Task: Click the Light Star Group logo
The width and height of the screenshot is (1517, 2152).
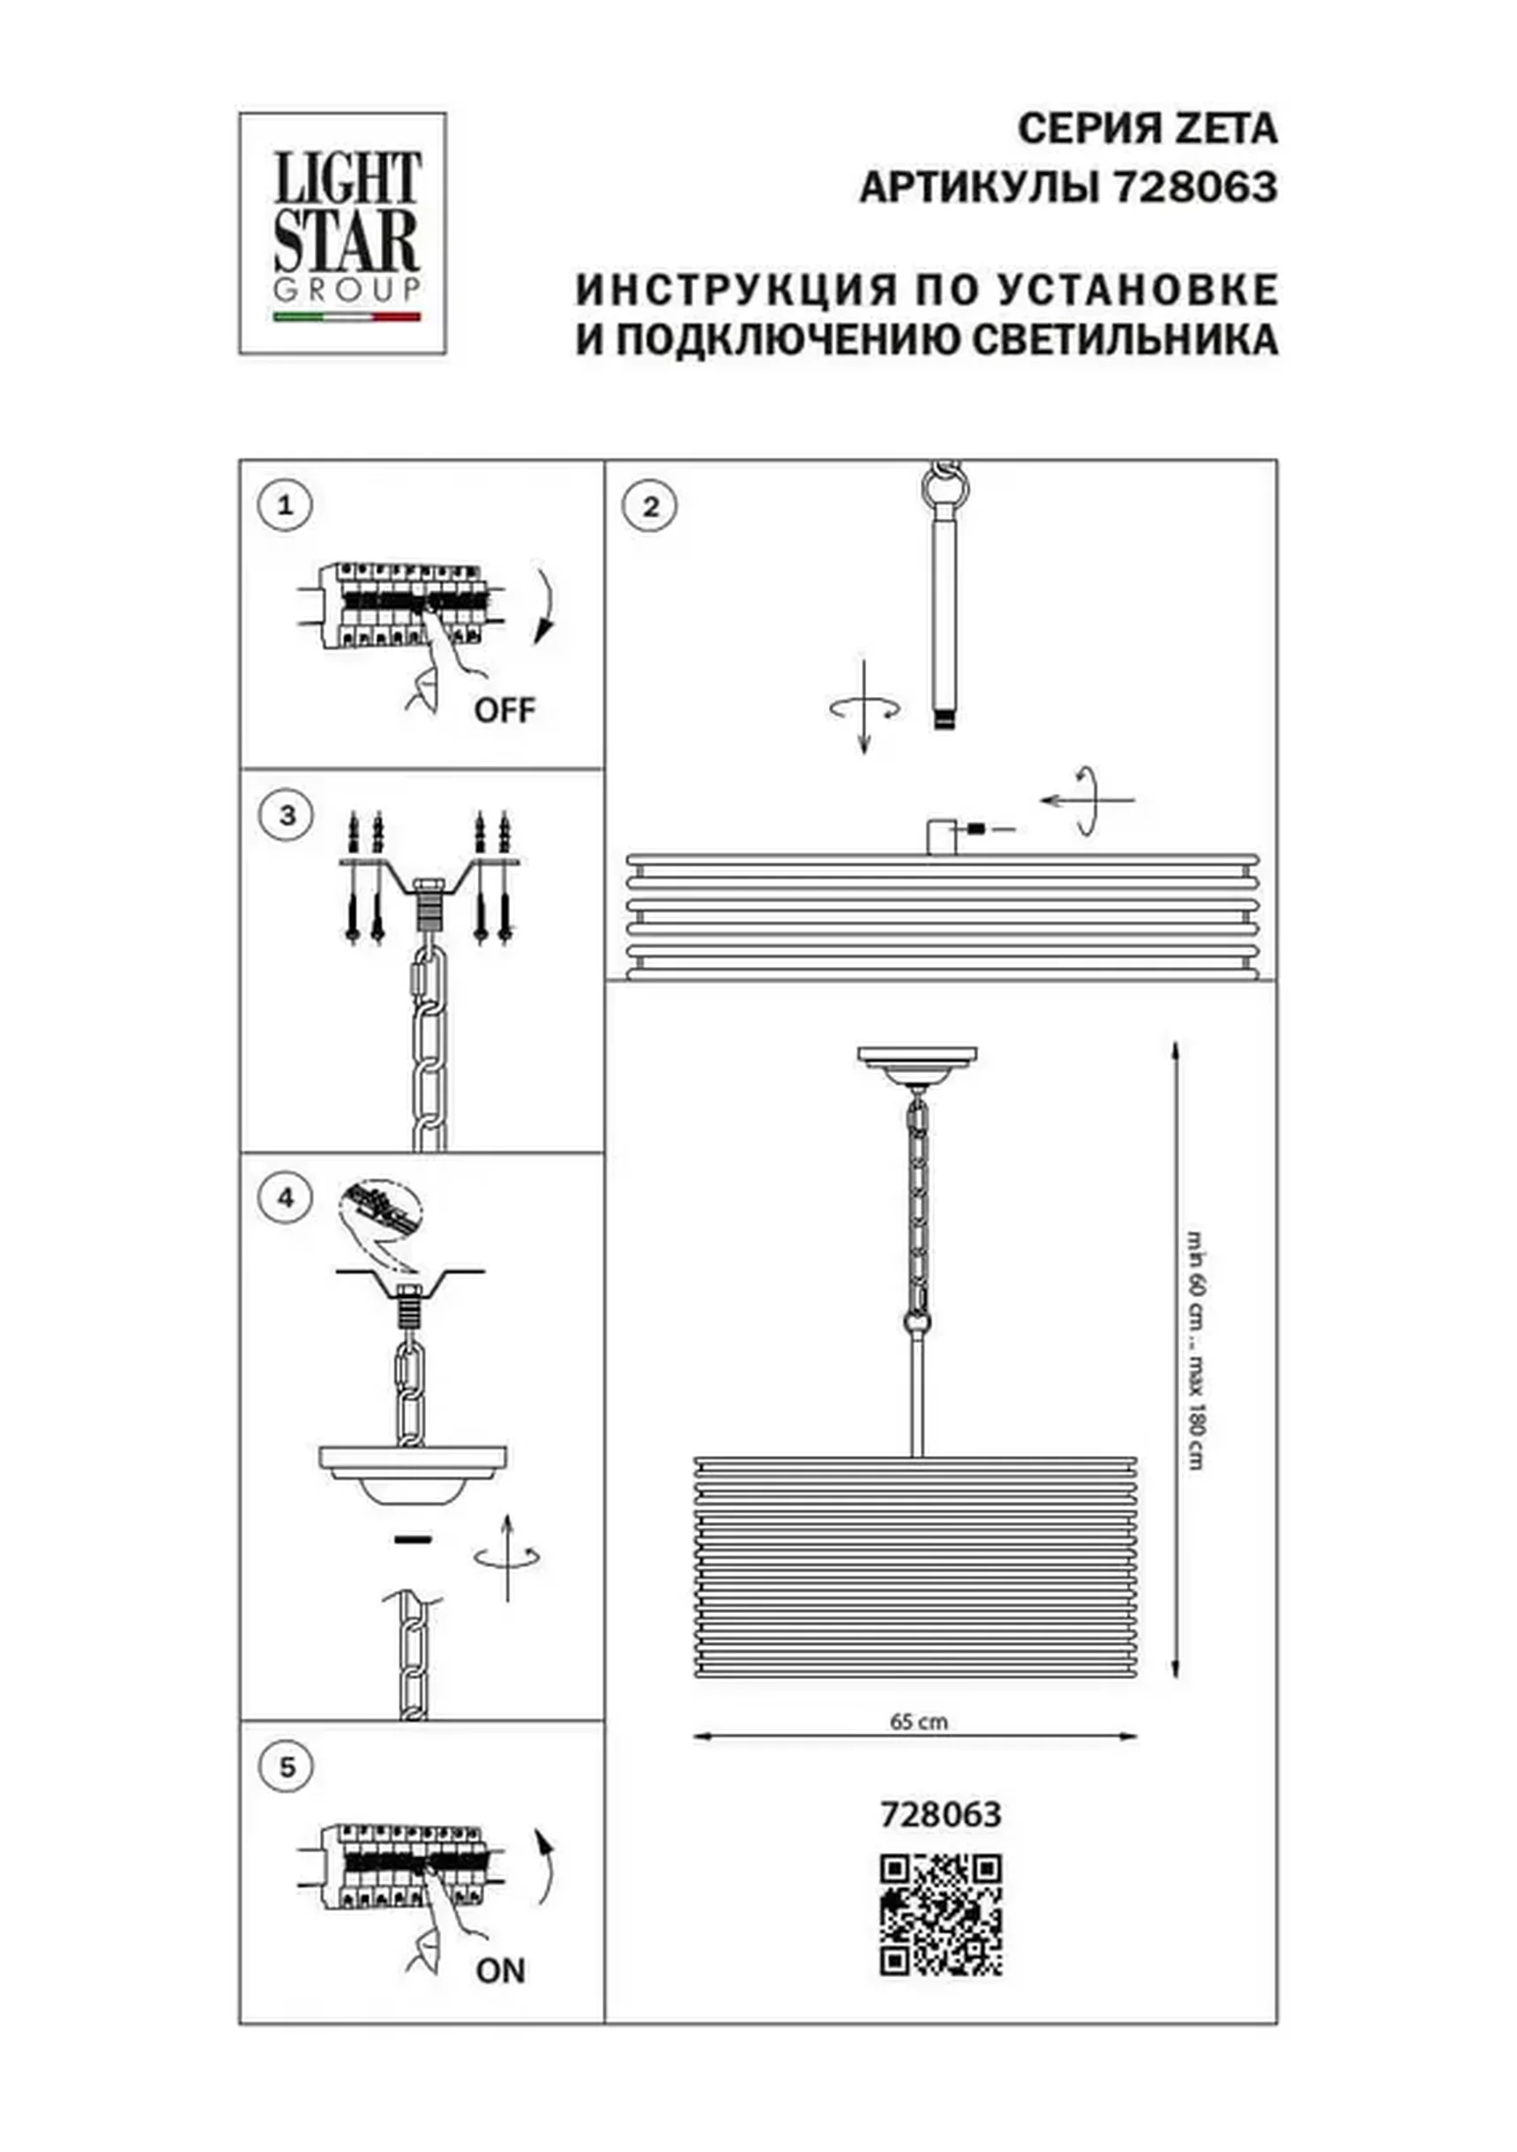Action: click(342, 234)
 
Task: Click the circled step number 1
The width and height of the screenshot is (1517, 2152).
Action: click(285, 506)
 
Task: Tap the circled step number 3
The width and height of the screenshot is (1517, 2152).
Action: click(287, 814)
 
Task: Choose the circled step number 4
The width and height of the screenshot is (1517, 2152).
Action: click(286, 1197)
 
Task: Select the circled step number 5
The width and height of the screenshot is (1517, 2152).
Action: click(287, 1766)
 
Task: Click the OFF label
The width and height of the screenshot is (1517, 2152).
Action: click(504, 710)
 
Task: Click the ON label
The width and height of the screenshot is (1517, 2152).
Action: click(500, 1970)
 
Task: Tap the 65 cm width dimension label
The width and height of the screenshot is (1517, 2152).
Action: click(918, 1721)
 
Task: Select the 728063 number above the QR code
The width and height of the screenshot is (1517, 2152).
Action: click(941, 1815)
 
